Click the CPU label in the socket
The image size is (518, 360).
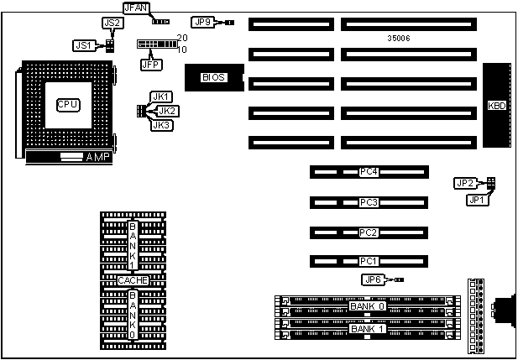(x=68, y=104)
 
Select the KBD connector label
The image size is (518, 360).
(x=496, y=107)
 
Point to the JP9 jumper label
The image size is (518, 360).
(x=203, y=22)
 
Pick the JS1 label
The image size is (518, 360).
(x=82, y=45)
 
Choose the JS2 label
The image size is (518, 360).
(x=111, y=23)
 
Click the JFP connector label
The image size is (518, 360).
(x=151, y=63)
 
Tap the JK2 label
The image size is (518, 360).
(x=168, y=111)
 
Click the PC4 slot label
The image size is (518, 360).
(x=369, y=172)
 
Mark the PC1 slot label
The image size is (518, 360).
(x=369, y=261)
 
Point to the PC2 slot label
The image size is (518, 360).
(x=369, y=232)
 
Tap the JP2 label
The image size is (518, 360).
(x=465, y=183)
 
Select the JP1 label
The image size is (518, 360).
(x=477, y=200)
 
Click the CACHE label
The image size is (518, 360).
(x=133, y=280)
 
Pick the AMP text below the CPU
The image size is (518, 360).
(x=98, y=157)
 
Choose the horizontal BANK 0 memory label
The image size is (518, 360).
(x=367, y=306)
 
